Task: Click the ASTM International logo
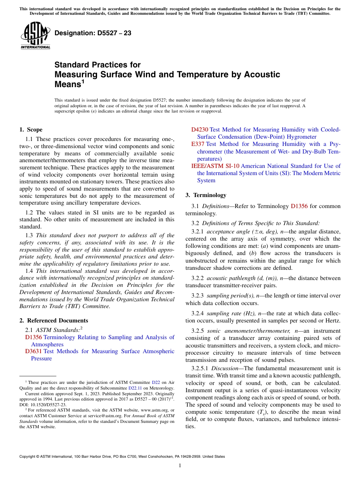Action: coord(35,36)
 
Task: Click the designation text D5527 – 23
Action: coord(93,33)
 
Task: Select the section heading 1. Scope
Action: coord(31,130)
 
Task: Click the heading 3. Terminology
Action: coord(206,195)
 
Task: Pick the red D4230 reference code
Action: coord(199,130)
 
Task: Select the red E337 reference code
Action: coord(198,144)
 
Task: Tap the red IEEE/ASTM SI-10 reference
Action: coord(215,166)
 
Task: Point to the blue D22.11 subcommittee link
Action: coord(135,388)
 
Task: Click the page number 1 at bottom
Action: coord(180,466)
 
